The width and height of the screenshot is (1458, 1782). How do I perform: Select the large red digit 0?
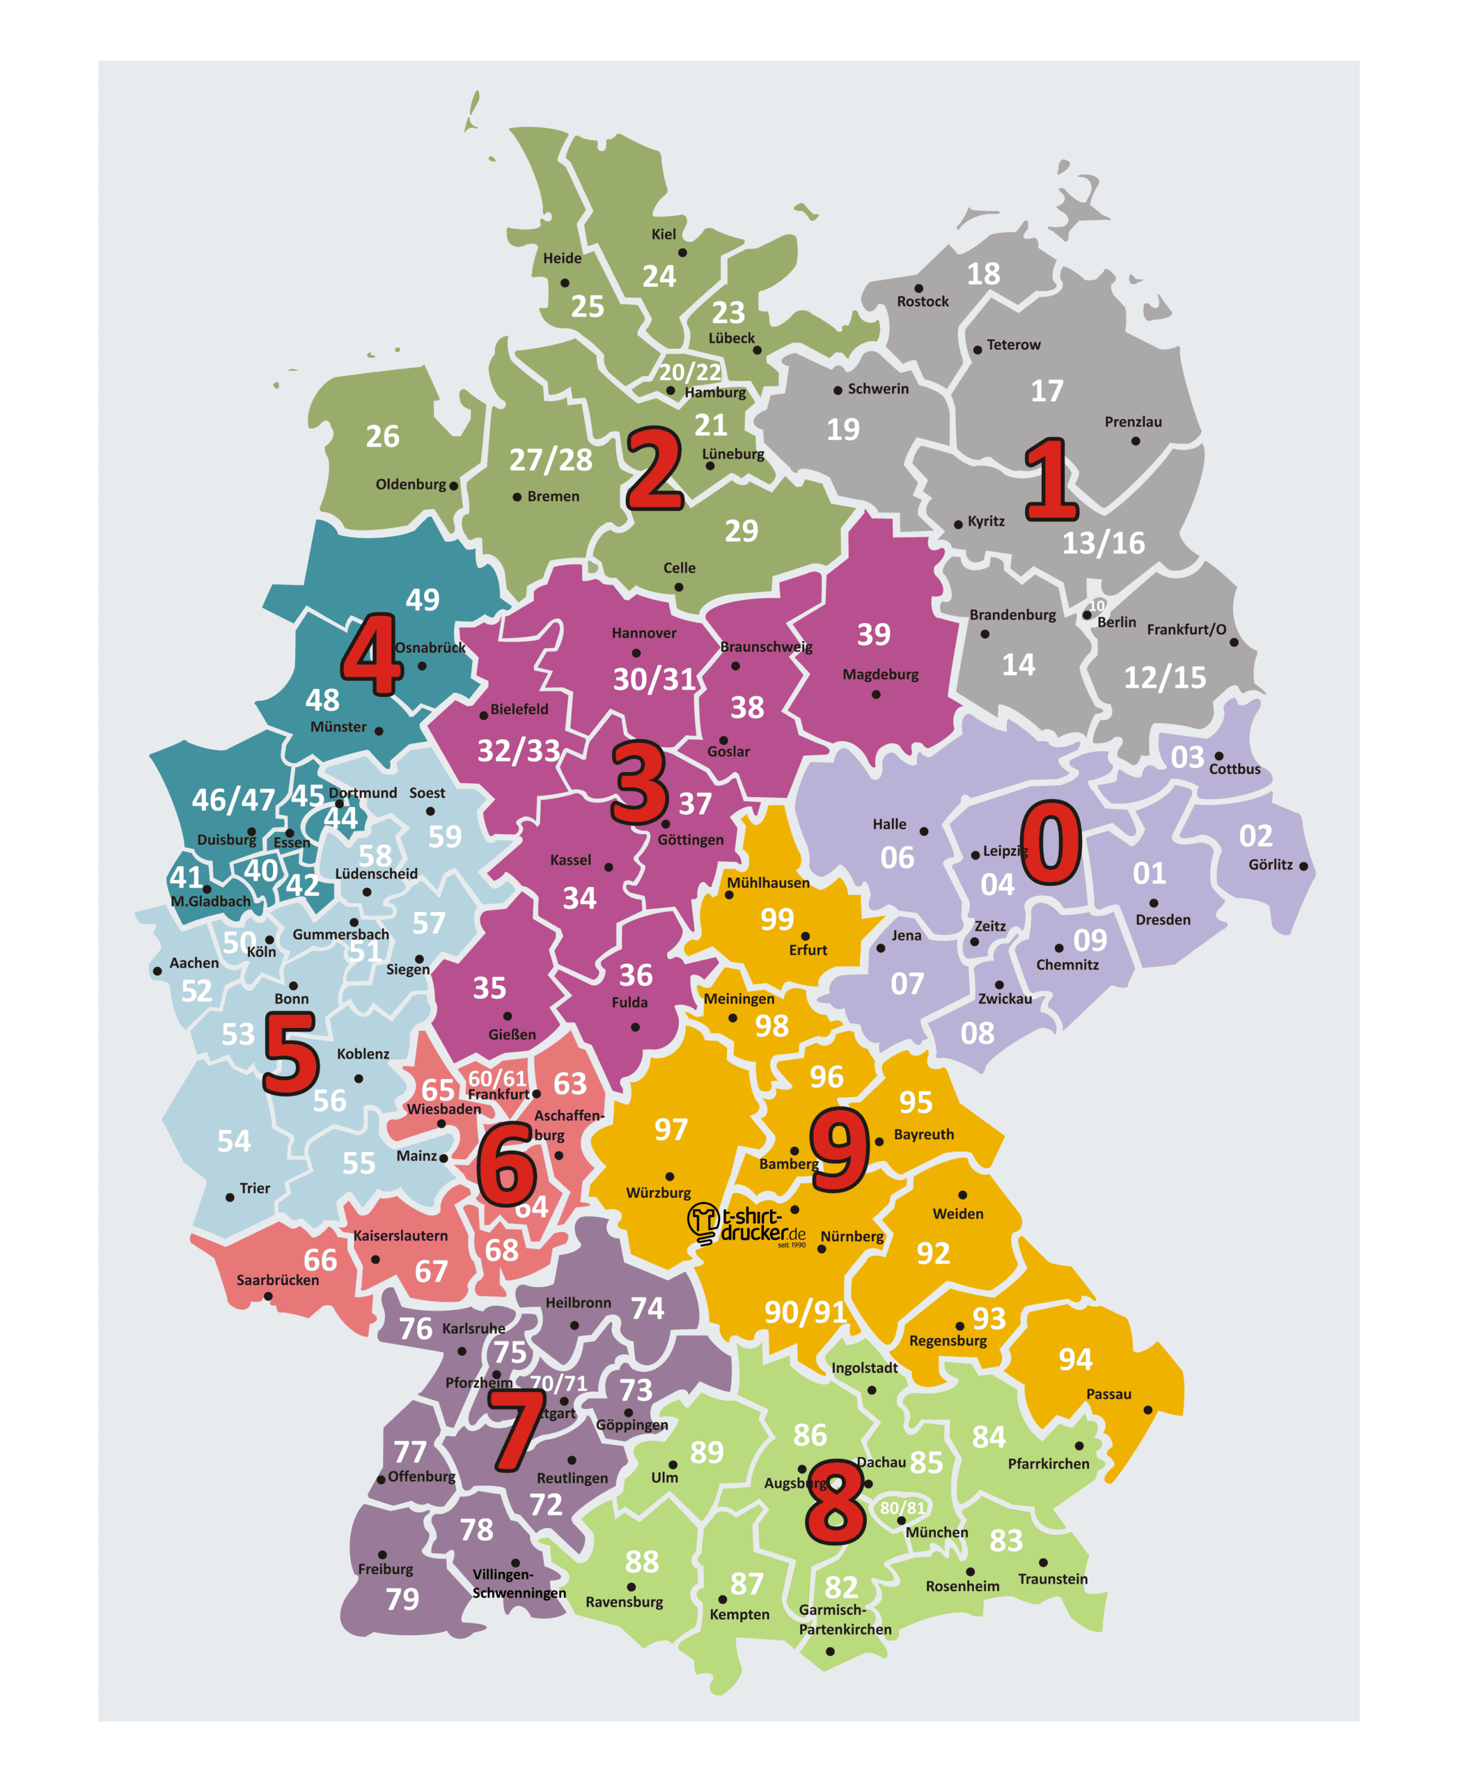pyautogui.click(x=1050, y=842)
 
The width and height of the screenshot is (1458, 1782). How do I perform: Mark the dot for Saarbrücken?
pyautogui.click(x=268, y=1297)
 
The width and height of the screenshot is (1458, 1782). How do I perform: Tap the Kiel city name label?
pyautogui.click(x=664, y=235)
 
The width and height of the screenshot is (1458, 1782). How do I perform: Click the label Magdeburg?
pyautogui.click(x=880, y=675)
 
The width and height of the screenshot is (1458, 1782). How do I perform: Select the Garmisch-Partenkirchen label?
pyautogui.click(x=844, y=1619)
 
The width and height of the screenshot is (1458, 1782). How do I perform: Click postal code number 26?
pyautogui.click(x=382, y=436)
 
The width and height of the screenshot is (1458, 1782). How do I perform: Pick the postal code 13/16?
pyautogui.click(x=1103, y=544)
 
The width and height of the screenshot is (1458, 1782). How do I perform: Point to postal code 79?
pyautogui.click(x=402, y=1599)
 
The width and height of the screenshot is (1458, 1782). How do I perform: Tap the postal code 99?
pyautogui.click(x=777, y=920)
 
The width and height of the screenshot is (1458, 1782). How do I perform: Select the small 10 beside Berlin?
pyautogui.click(x=1096, y=606)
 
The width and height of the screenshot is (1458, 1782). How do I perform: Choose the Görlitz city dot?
pyautogui.click(x=1303, y=866)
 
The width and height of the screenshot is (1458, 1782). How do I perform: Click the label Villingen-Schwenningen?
pyautogui.click(x=518, y=1583)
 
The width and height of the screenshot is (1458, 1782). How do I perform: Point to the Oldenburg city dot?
pyautogui.click(x=453, y=485)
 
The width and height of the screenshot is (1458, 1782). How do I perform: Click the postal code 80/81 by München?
pyautogui.click(x=902, y=1508)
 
